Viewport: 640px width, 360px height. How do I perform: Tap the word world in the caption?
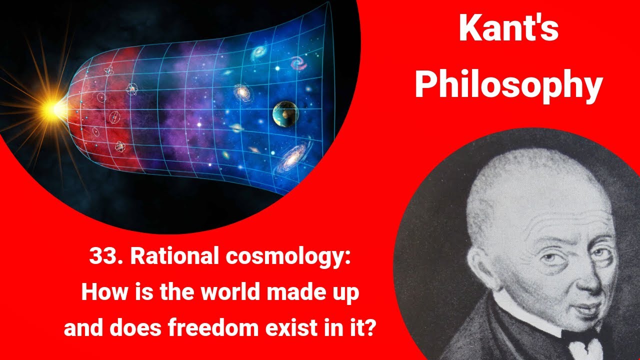coord(223,292)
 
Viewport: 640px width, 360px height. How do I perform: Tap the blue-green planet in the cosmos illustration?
coord(285,114)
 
